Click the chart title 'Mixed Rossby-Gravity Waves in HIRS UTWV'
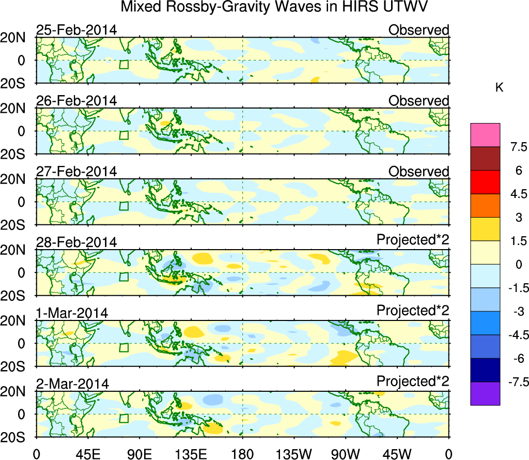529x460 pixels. click(x=275, y=7)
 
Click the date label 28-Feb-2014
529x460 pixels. click(x=76, y=242)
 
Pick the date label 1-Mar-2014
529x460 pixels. click(x=72, y=313)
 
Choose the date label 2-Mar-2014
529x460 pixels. click(x=72, y=384)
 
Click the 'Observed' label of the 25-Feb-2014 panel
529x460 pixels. click(x=418, y=30)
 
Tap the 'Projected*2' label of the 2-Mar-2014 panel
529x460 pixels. click(x=413, y=381)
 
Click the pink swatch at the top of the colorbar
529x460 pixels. click(x=485, y=135)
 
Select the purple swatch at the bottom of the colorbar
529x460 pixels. click(x=485, y=393)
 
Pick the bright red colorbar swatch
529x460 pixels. click(x=485, y=182)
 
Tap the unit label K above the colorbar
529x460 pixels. click(x=499, y=88)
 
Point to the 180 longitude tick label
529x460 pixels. click(x=242, y=454)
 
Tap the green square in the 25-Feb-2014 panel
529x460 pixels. click(x=123, y=65)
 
